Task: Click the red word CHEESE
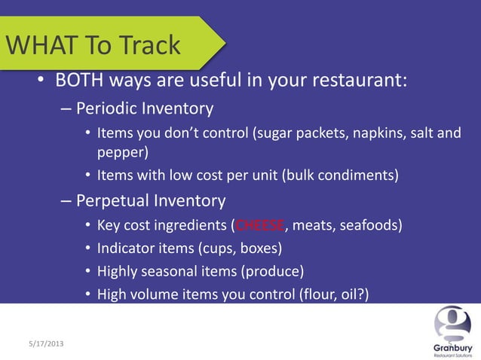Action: point(261,225)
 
